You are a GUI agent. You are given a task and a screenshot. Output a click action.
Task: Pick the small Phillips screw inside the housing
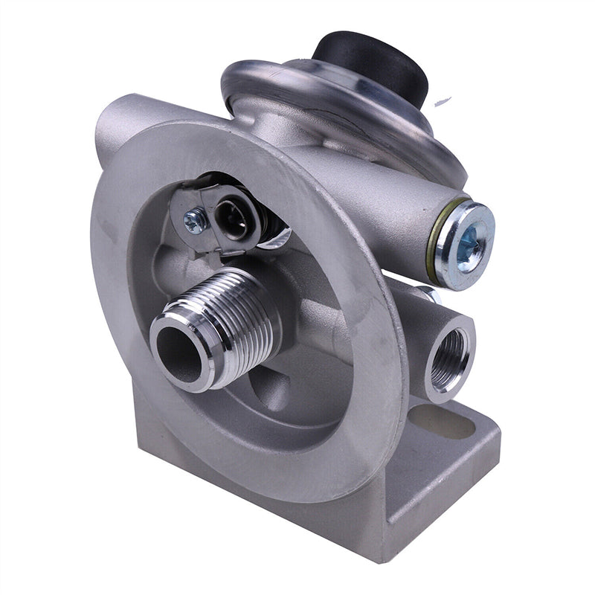(196, 220)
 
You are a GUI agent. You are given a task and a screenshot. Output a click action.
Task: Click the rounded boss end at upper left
(112, 123)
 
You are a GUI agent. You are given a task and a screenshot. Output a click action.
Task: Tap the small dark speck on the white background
(445, 100)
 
